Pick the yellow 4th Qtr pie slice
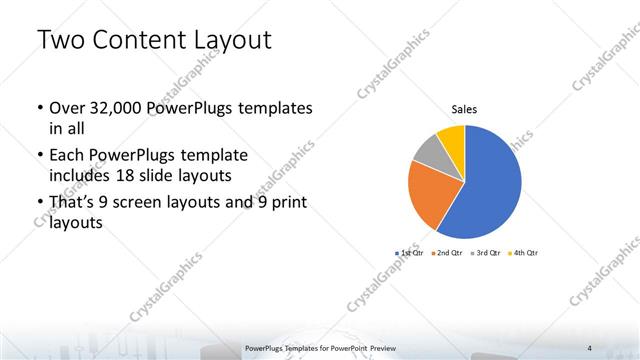tap(452, 138)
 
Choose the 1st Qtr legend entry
tap(409, 253)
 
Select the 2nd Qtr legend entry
tap(445, 253)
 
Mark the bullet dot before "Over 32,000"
tap(38, 108)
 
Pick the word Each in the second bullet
tap(66, 156)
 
